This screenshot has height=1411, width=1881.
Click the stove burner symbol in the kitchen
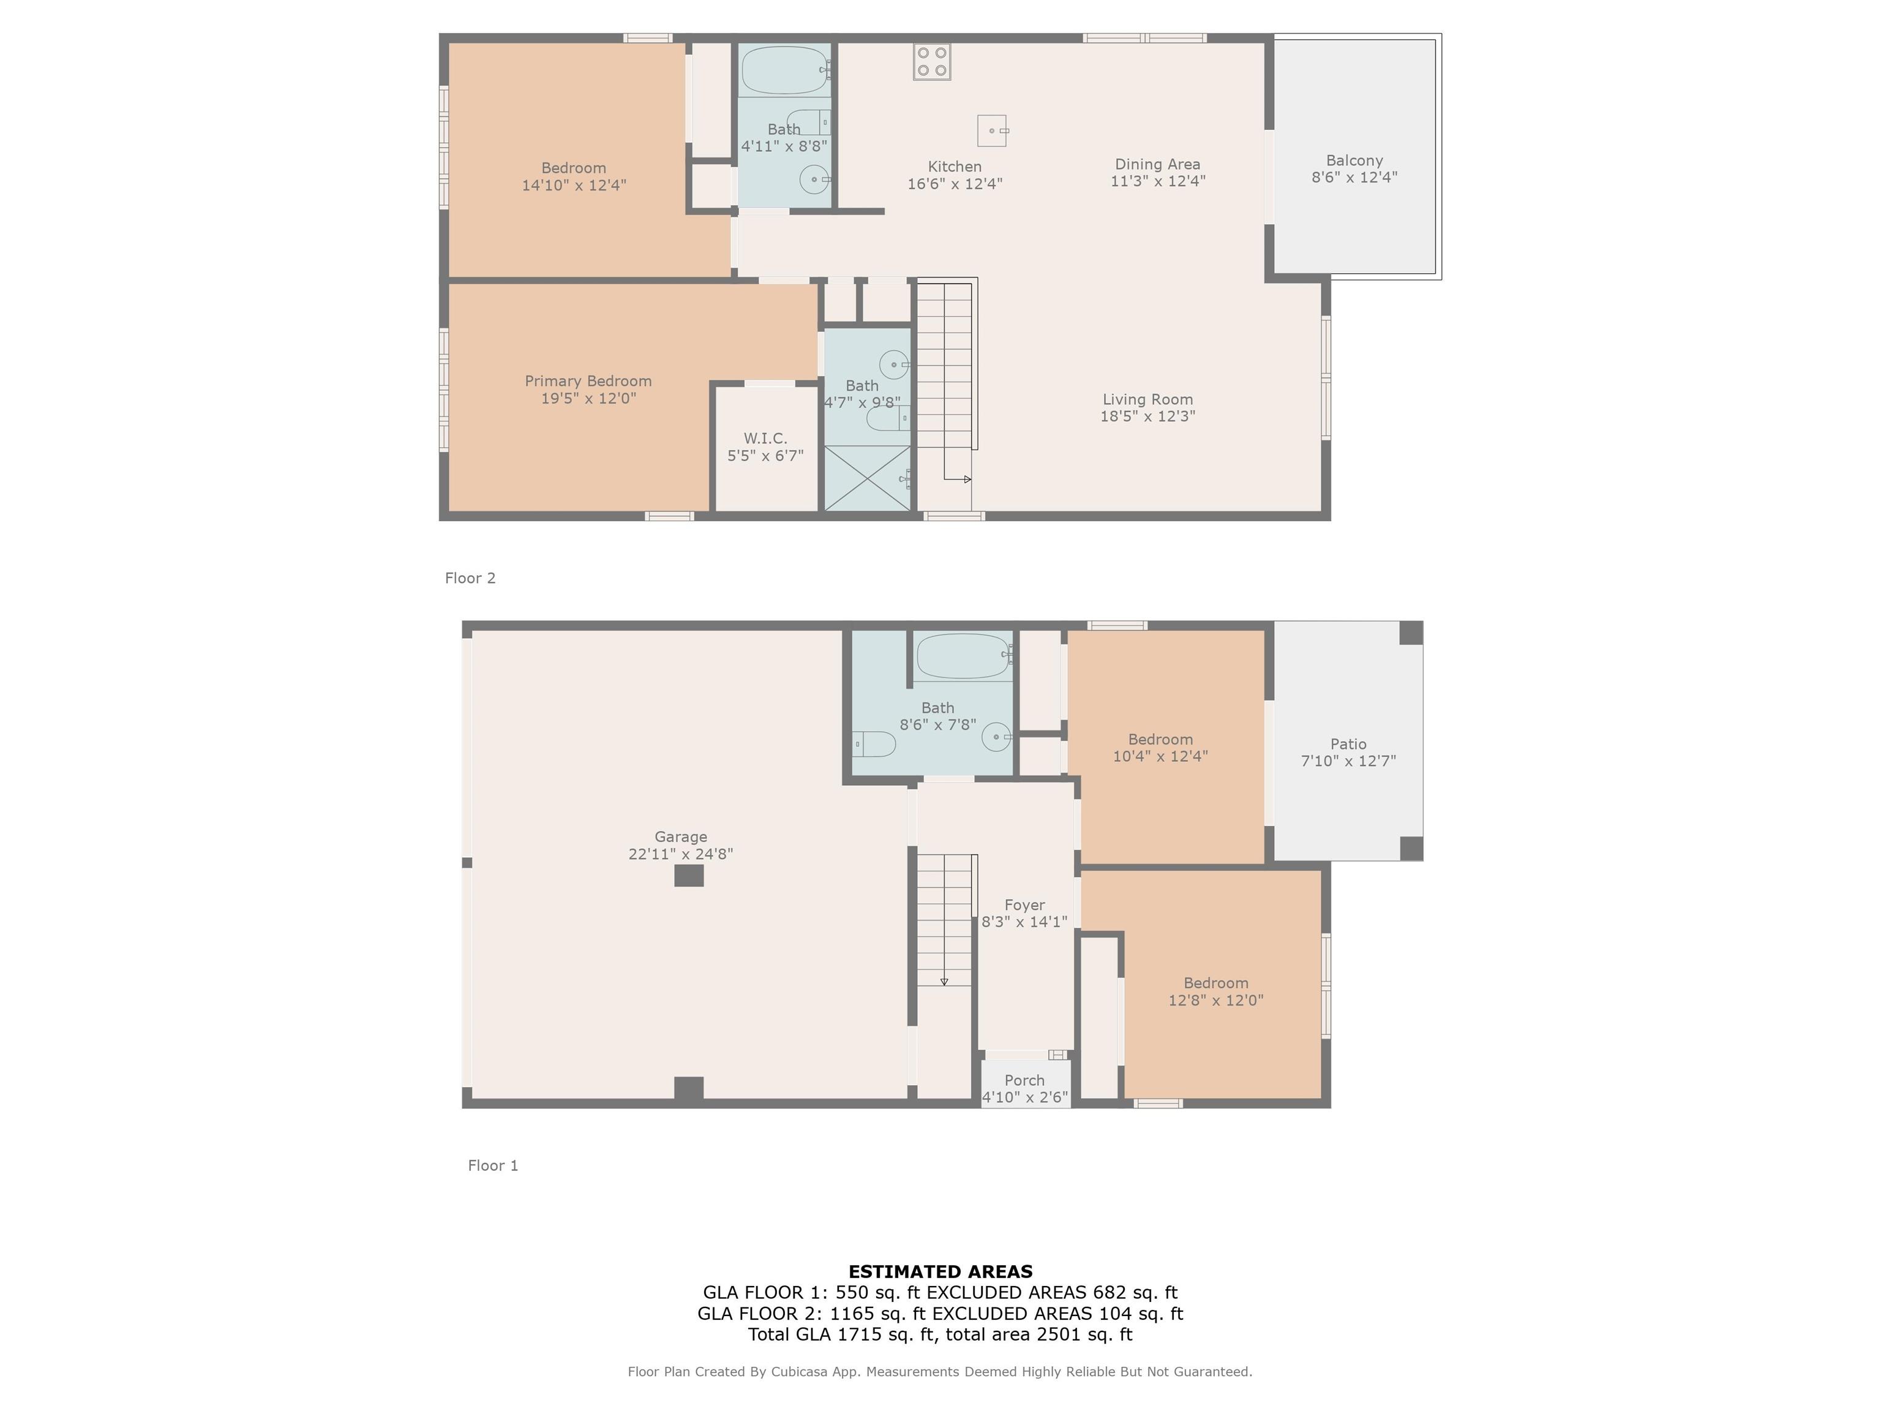pos(931,61)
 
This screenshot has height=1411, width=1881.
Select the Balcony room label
pos(1354,160)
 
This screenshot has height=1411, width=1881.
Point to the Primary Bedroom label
pos(588,381)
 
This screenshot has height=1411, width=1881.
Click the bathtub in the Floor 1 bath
pos(963,656)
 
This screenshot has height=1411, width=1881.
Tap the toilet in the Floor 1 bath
pos(873,744)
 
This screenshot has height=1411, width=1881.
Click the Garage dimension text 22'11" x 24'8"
pos(680,854)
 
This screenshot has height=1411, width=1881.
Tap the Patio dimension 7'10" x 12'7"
pos(1348,761)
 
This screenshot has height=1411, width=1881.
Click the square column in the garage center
pos(689,875)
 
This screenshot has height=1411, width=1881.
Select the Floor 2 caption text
pos(470,578)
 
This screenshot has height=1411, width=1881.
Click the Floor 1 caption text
pos(493,1165)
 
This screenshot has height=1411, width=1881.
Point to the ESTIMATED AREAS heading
pos(940,1271)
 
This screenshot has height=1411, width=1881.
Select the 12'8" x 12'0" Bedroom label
pos(1215,983)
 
